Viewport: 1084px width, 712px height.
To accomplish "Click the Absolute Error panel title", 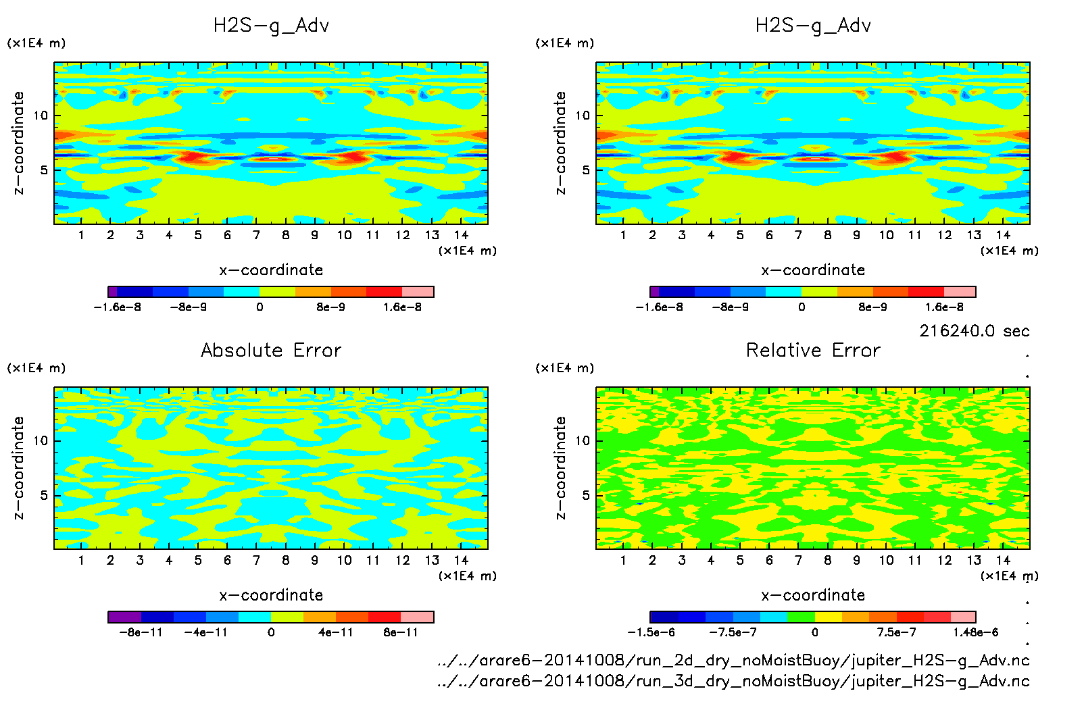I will click(271, 350).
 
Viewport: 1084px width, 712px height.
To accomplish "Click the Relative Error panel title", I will click(813, 350).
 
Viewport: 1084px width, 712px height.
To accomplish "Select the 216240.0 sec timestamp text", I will click(974, 331).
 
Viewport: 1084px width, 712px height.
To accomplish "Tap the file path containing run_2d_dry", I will click(733, 660).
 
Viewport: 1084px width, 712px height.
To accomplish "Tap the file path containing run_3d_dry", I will click(733, 680).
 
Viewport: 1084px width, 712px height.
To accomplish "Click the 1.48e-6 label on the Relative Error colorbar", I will click(975, 632).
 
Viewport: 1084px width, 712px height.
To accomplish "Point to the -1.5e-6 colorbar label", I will click(651, 632).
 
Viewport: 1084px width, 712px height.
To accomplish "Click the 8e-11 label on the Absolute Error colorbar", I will click(401, 632).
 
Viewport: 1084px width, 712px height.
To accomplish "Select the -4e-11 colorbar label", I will click(206, 632).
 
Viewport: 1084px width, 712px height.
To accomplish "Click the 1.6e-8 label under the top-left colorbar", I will click(402, 307).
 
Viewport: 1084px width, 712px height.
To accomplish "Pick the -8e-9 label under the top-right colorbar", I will click(731, 307).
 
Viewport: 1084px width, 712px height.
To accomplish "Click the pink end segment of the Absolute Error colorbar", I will click(417, 617).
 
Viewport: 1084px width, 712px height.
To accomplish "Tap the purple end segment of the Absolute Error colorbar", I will click(124, 617).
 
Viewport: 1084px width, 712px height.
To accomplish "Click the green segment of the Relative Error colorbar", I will click(801, 617).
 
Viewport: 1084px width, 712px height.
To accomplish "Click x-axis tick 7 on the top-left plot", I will click(256, 235).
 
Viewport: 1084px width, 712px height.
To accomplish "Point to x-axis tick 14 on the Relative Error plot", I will click(1003, 560).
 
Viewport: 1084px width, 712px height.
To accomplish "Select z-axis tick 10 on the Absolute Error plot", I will click(41, 440).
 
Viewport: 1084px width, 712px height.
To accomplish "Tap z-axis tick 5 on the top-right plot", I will click(586, 170).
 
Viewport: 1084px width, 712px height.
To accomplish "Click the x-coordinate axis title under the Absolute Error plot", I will click(271, 595).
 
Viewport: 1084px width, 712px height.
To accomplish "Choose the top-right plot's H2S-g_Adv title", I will click(813, 26).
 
